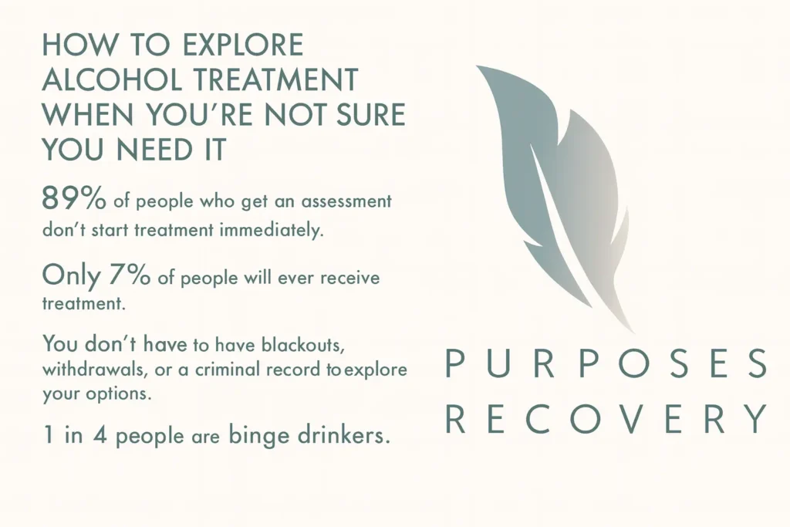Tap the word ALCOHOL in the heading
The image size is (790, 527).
[x=109, y=80]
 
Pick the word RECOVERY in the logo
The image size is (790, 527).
[x=606, y=418]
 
